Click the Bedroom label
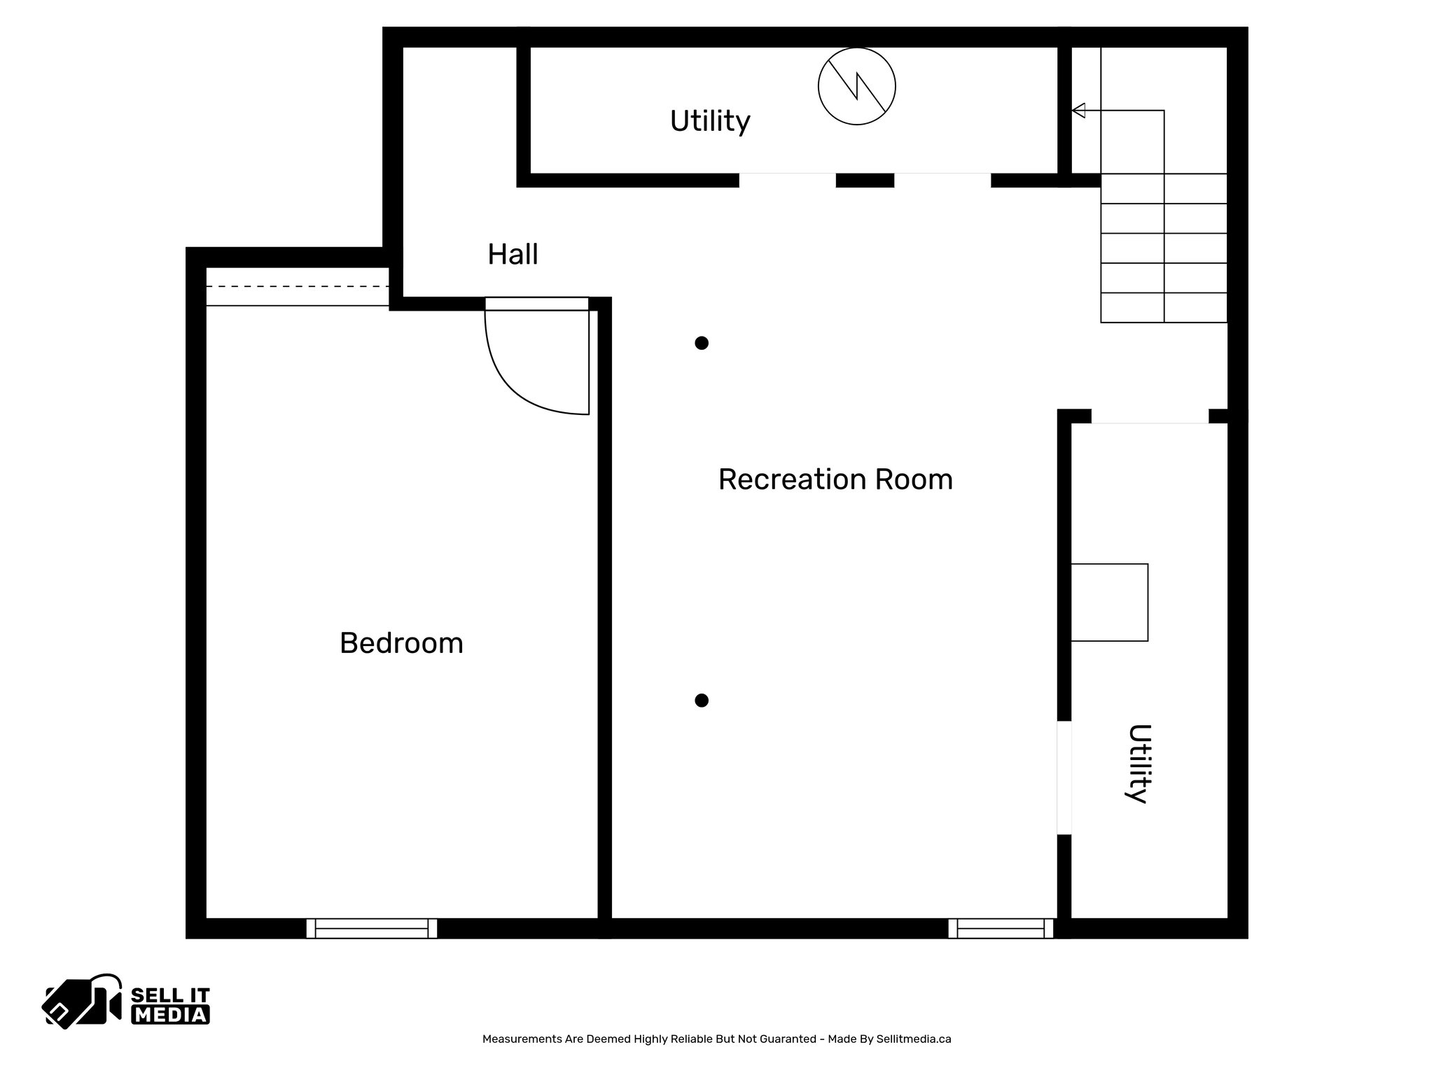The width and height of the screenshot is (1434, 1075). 401,643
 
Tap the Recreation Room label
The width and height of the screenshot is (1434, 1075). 835,480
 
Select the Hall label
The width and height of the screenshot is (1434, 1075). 513,254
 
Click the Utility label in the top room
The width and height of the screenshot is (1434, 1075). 710,121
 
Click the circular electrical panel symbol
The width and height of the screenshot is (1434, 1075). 856,87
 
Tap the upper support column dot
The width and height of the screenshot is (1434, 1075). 702,343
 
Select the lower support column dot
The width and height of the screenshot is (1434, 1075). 702,701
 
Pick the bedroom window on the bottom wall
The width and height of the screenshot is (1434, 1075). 372,929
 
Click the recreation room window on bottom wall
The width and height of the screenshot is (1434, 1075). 1001,929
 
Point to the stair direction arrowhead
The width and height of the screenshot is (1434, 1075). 1079,111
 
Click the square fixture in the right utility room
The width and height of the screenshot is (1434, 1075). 1109,603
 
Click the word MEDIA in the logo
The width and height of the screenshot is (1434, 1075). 170,1015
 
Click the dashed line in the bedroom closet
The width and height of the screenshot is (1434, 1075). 298,287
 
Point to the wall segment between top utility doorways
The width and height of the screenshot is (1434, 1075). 865,181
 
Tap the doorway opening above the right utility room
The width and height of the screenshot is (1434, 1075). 1150,417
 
